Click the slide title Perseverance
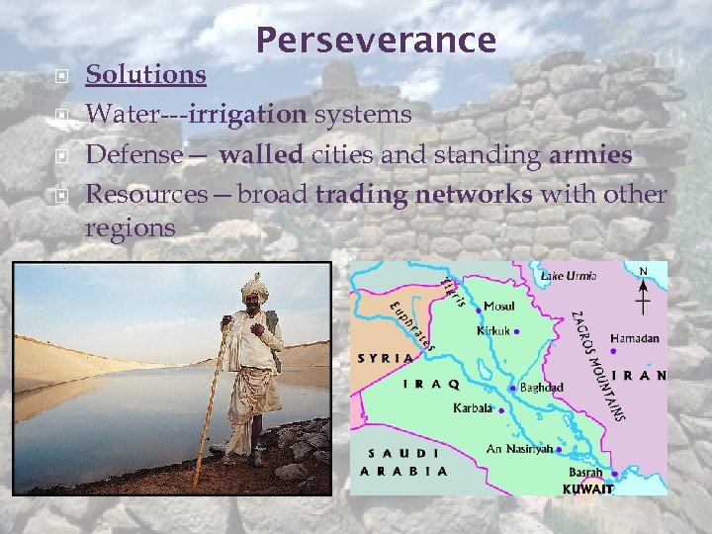(376, 40)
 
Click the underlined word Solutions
(145, 74)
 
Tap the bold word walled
(262, 154)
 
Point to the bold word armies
(590, 154)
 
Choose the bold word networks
(473, 194)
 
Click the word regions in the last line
(131, 227)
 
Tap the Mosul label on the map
(498, 308)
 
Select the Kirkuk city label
(494, 331)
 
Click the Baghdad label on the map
(541, 388)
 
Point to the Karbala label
(473, 407)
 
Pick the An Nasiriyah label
(519, 449)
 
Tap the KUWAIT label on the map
(588, 489)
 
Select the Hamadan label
(634, 338)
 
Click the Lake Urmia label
(568, 276)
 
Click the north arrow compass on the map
(645, 289)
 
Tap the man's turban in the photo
(255, 288)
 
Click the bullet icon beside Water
(61, 115)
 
